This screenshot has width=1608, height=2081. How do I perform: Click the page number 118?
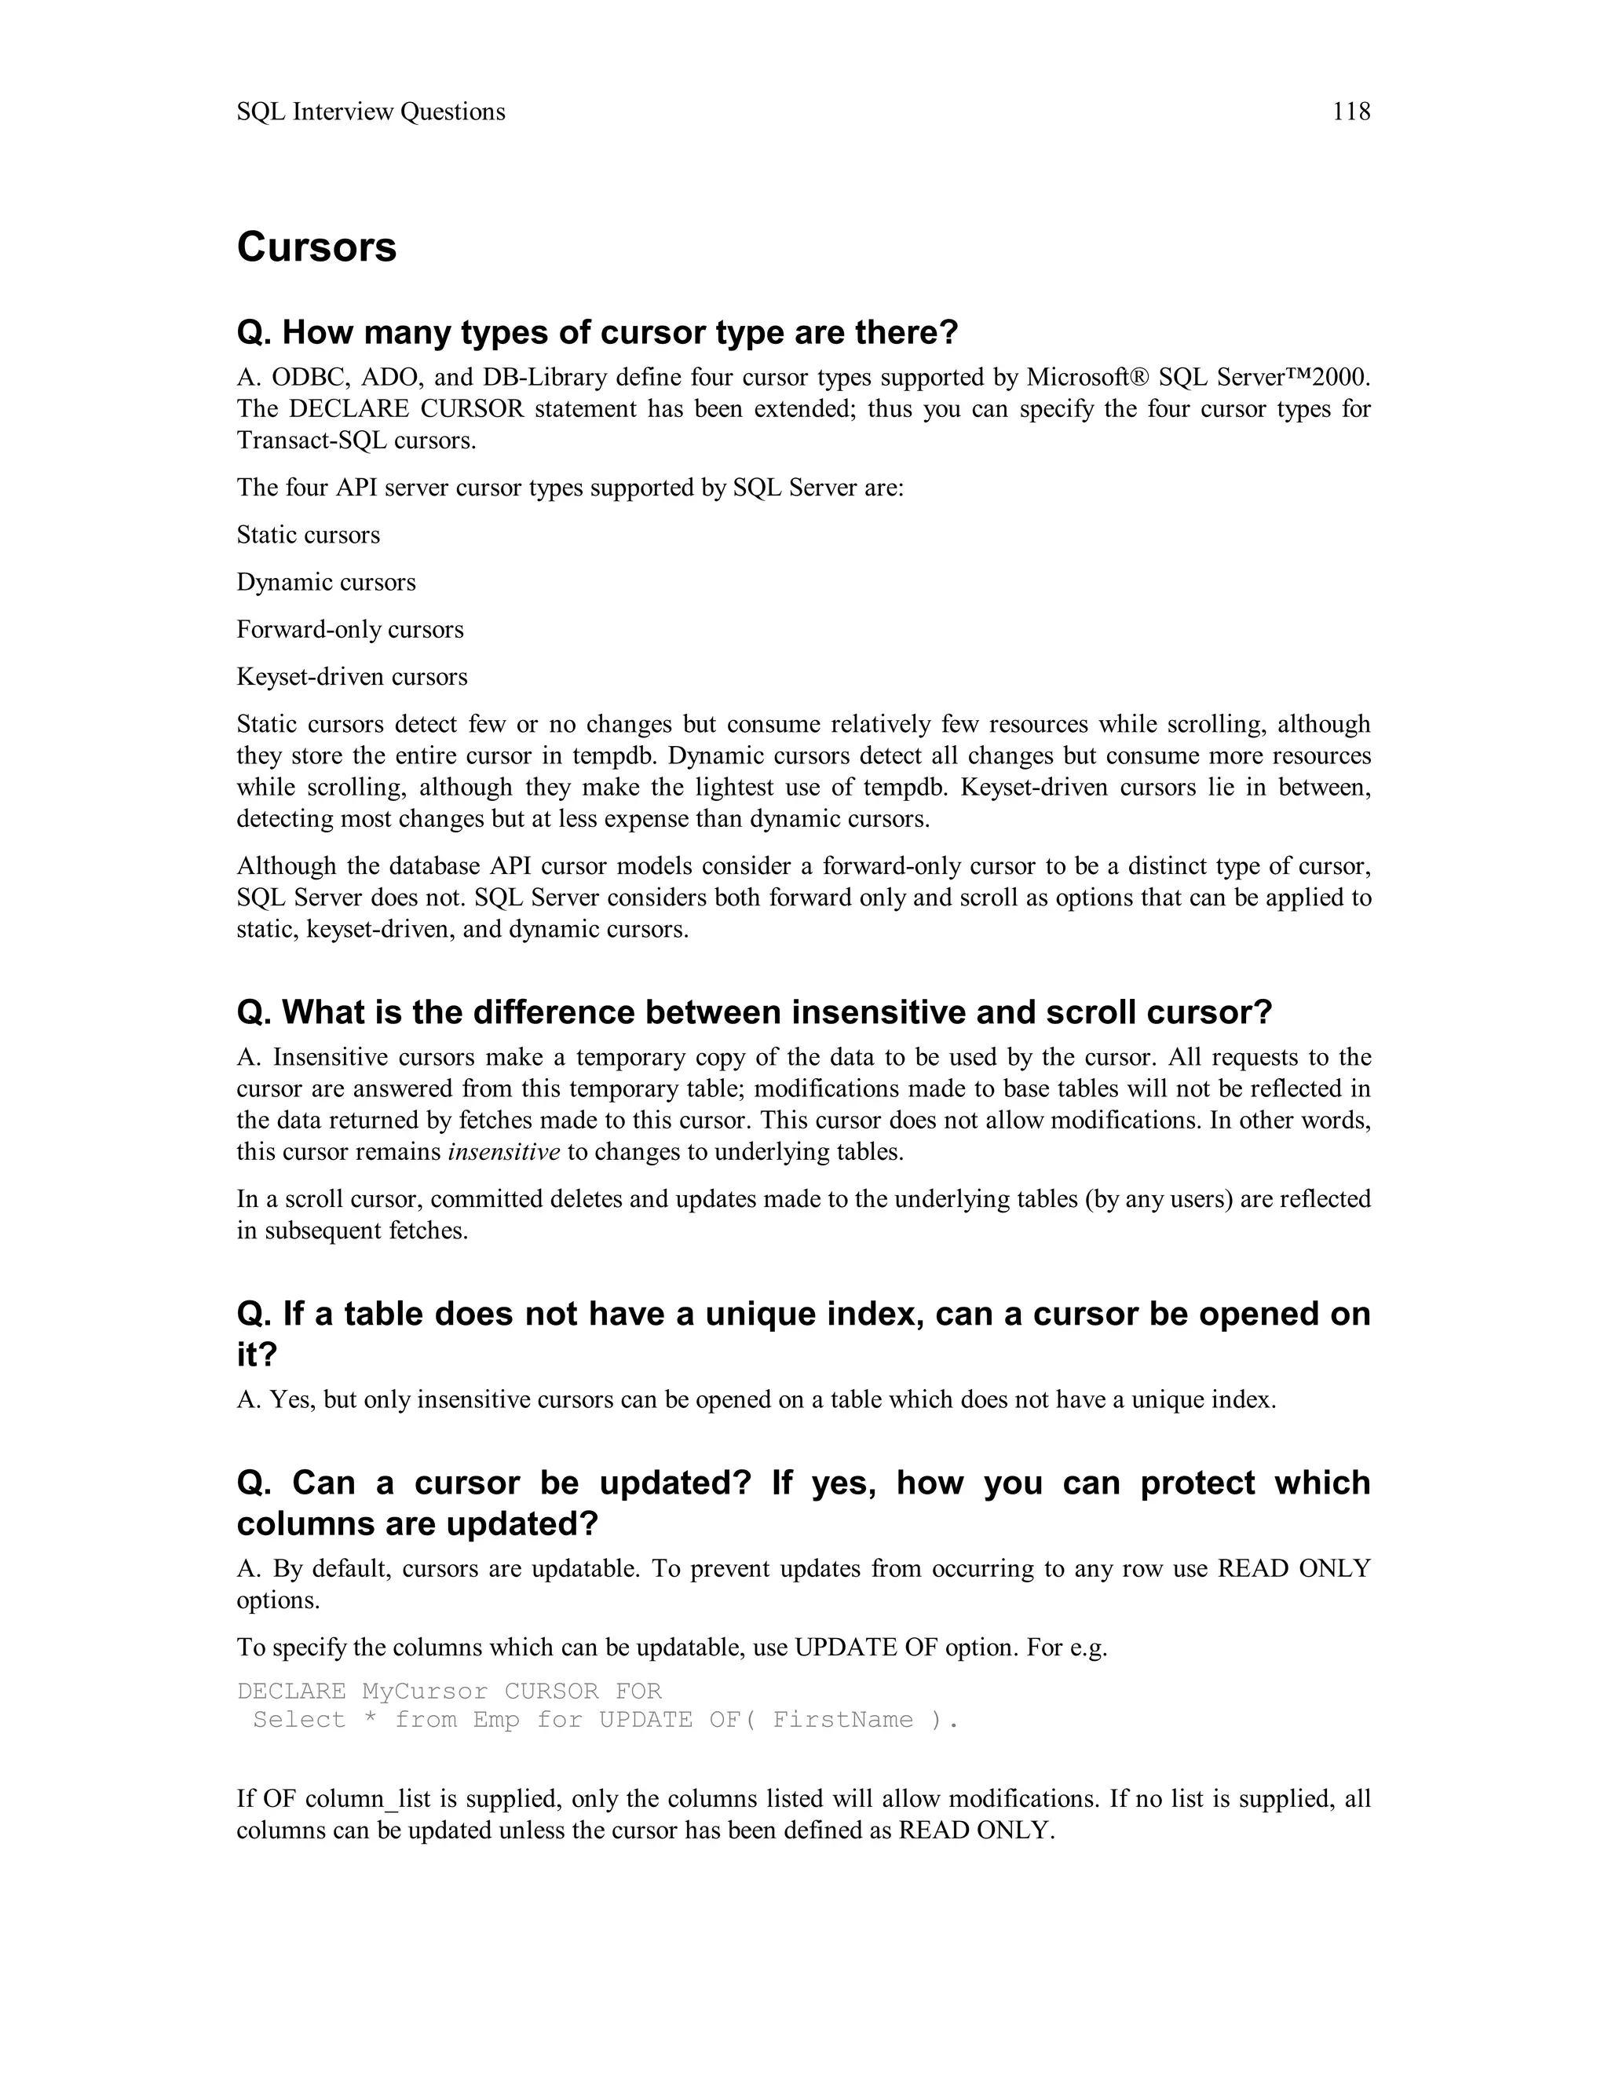[x=1350, y=112]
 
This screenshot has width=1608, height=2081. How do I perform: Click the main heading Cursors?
[x=316, y=247]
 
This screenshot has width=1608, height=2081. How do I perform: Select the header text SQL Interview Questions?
[x=371, y=112]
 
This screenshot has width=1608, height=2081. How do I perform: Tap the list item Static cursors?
[x=308, y=535]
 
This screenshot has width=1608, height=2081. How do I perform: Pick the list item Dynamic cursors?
[x=326, y=582]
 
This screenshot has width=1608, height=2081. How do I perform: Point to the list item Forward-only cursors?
[x=349, y=629]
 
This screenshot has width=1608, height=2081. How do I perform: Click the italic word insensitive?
[x=504, y=1152]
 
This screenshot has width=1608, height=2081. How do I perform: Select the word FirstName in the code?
[x=843, y=1720]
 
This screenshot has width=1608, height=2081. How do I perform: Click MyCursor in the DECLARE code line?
[x=425, y=1691]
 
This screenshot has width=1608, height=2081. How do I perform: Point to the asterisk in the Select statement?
[x=370, y=1720]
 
